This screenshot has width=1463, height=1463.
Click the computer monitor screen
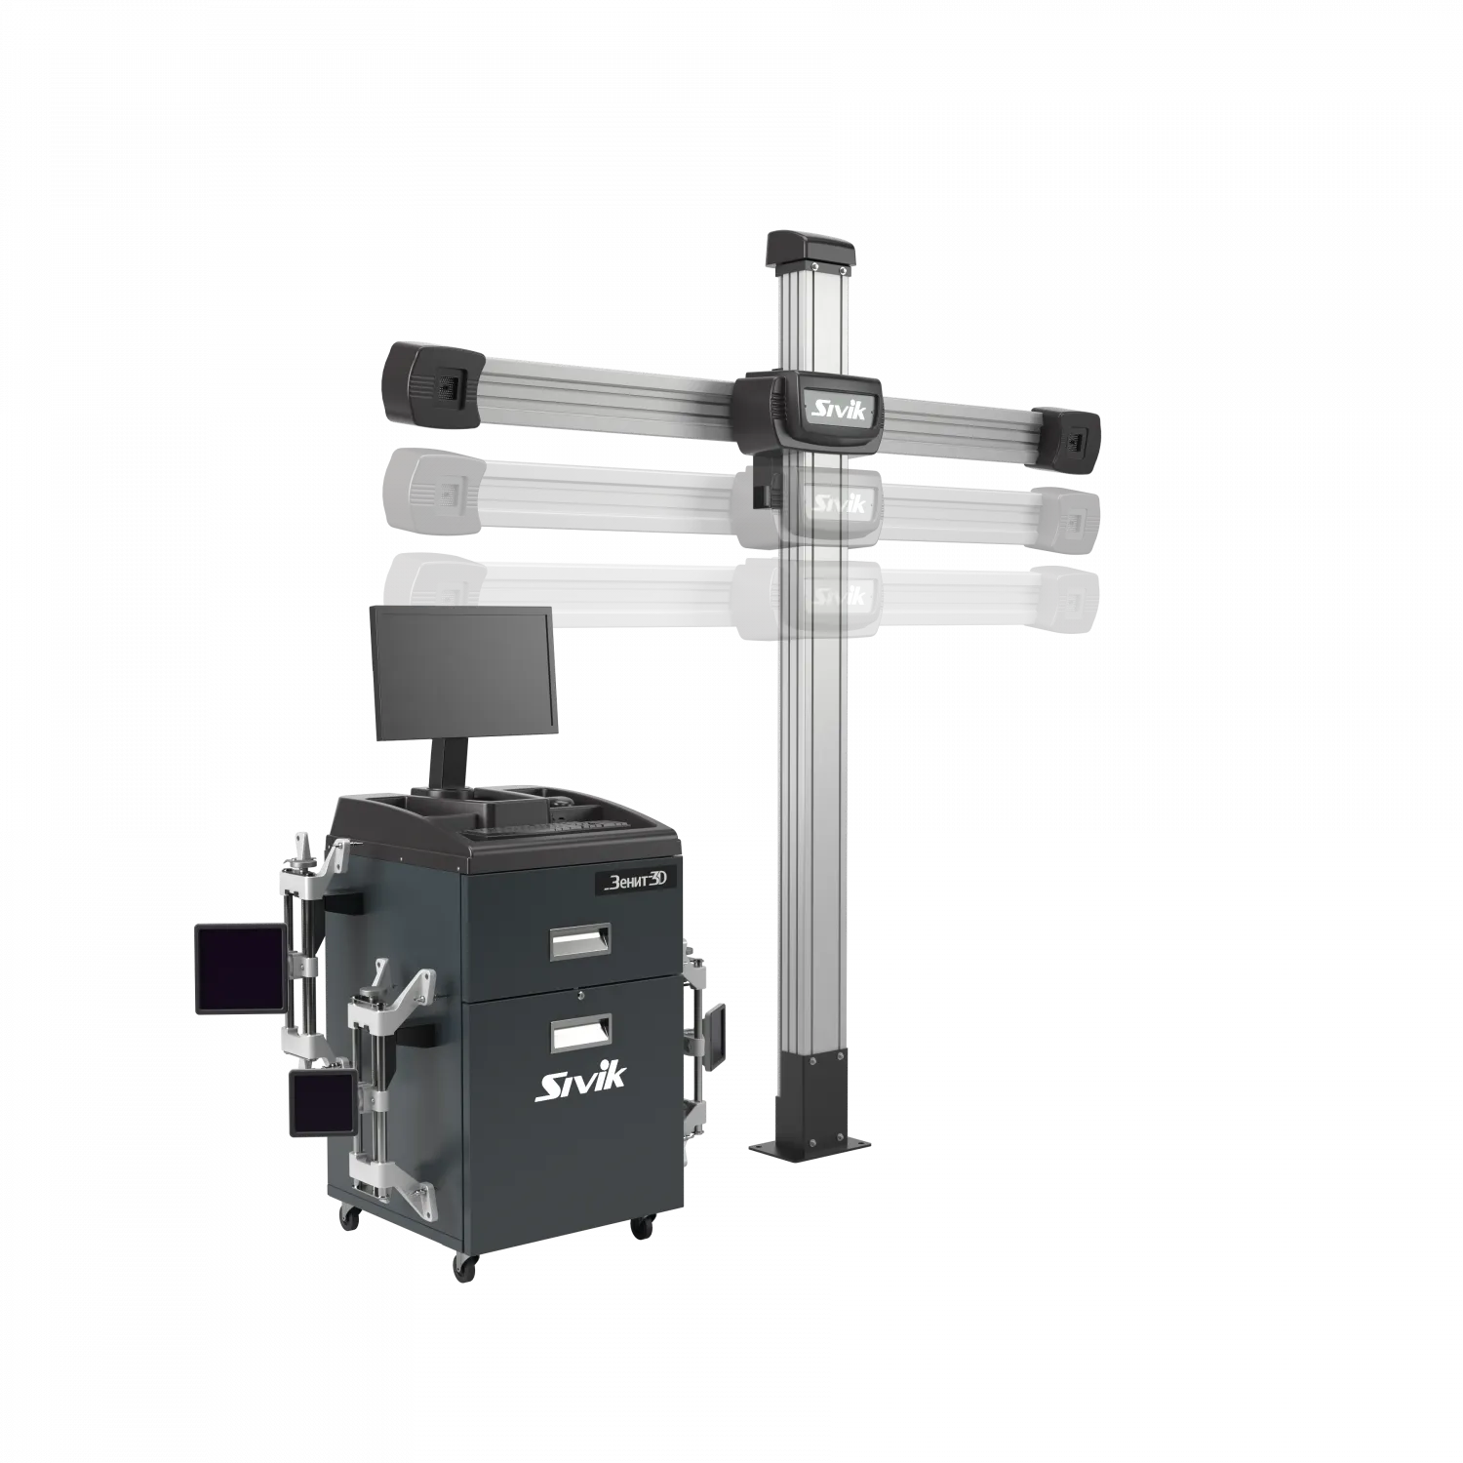(462, 672)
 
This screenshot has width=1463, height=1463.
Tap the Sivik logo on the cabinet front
(581, 1083)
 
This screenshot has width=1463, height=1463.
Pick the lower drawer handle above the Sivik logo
(580, 1032)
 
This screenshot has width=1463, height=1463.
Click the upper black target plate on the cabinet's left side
(240, 969)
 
